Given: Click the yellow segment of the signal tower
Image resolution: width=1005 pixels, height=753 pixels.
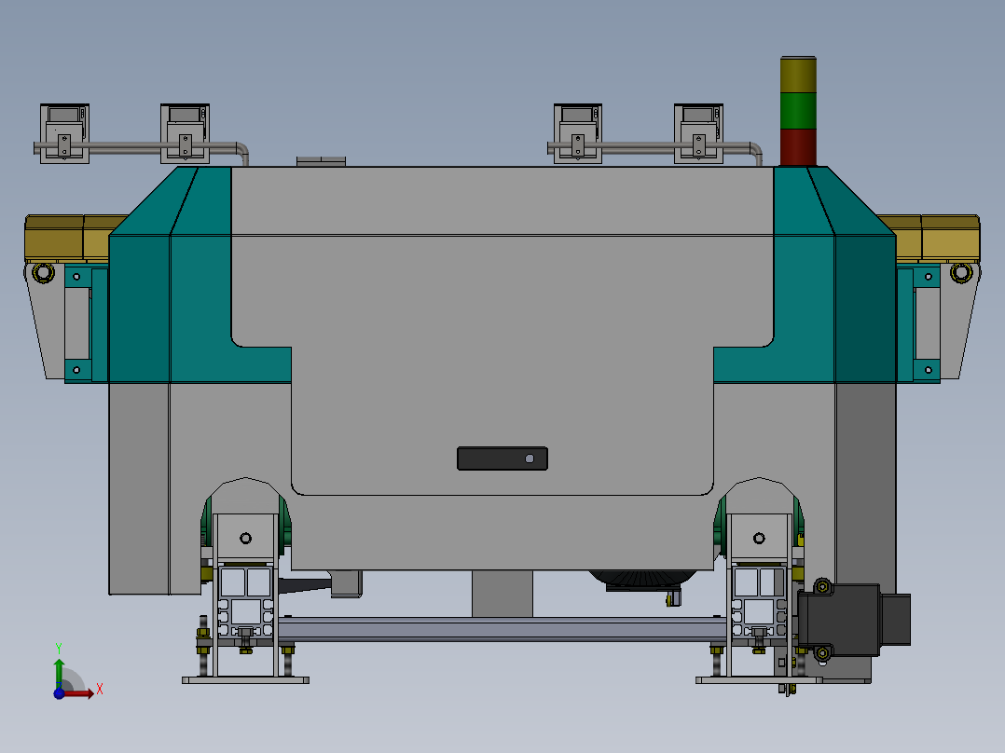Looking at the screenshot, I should (797, 75).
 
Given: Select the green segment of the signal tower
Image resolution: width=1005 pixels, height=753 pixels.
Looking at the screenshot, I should (797, 110).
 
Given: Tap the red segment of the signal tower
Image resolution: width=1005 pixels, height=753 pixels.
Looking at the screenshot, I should (797, 146).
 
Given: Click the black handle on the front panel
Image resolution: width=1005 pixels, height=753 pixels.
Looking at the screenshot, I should (502, 459).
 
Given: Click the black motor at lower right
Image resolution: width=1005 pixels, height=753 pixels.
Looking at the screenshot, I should (839, 621).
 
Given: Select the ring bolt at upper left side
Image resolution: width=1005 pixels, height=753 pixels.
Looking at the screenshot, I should (42, 273).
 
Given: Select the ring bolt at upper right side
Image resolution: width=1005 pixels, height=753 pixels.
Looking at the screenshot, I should (960, 273).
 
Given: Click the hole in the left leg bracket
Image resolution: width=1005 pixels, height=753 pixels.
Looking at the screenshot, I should (245, 538).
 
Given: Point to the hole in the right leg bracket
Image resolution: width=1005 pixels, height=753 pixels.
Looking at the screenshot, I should (758, 538).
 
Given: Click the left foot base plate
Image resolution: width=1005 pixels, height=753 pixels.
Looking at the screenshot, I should (244, 680).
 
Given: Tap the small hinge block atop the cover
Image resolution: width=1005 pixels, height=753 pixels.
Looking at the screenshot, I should (320, 161).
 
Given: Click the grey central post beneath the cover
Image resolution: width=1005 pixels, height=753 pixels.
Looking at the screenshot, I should (502, 594).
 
